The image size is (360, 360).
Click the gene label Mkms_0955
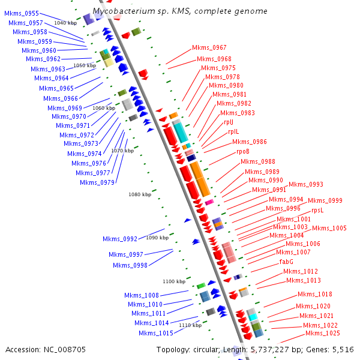coord(22,13)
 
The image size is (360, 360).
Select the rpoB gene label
coord(243,152)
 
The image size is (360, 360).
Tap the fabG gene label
coord(286,262)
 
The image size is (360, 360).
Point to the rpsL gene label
coord(317,211)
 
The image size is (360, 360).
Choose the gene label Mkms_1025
coord(322,334)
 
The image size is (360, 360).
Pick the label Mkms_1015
coord(156,333)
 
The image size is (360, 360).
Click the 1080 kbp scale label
coord(140,194)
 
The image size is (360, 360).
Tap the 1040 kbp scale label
coord(65,22)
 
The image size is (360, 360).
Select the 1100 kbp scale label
coord(174,281)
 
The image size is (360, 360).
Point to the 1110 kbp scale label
coord(190,325)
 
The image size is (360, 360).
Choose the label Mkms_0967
coord(209,47)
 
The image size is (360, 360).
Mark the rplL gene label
coord(233,131)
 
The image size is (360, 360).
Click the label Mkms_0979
coord(97,182)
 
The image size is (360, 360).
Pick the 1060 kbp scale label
coord(104,108)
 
